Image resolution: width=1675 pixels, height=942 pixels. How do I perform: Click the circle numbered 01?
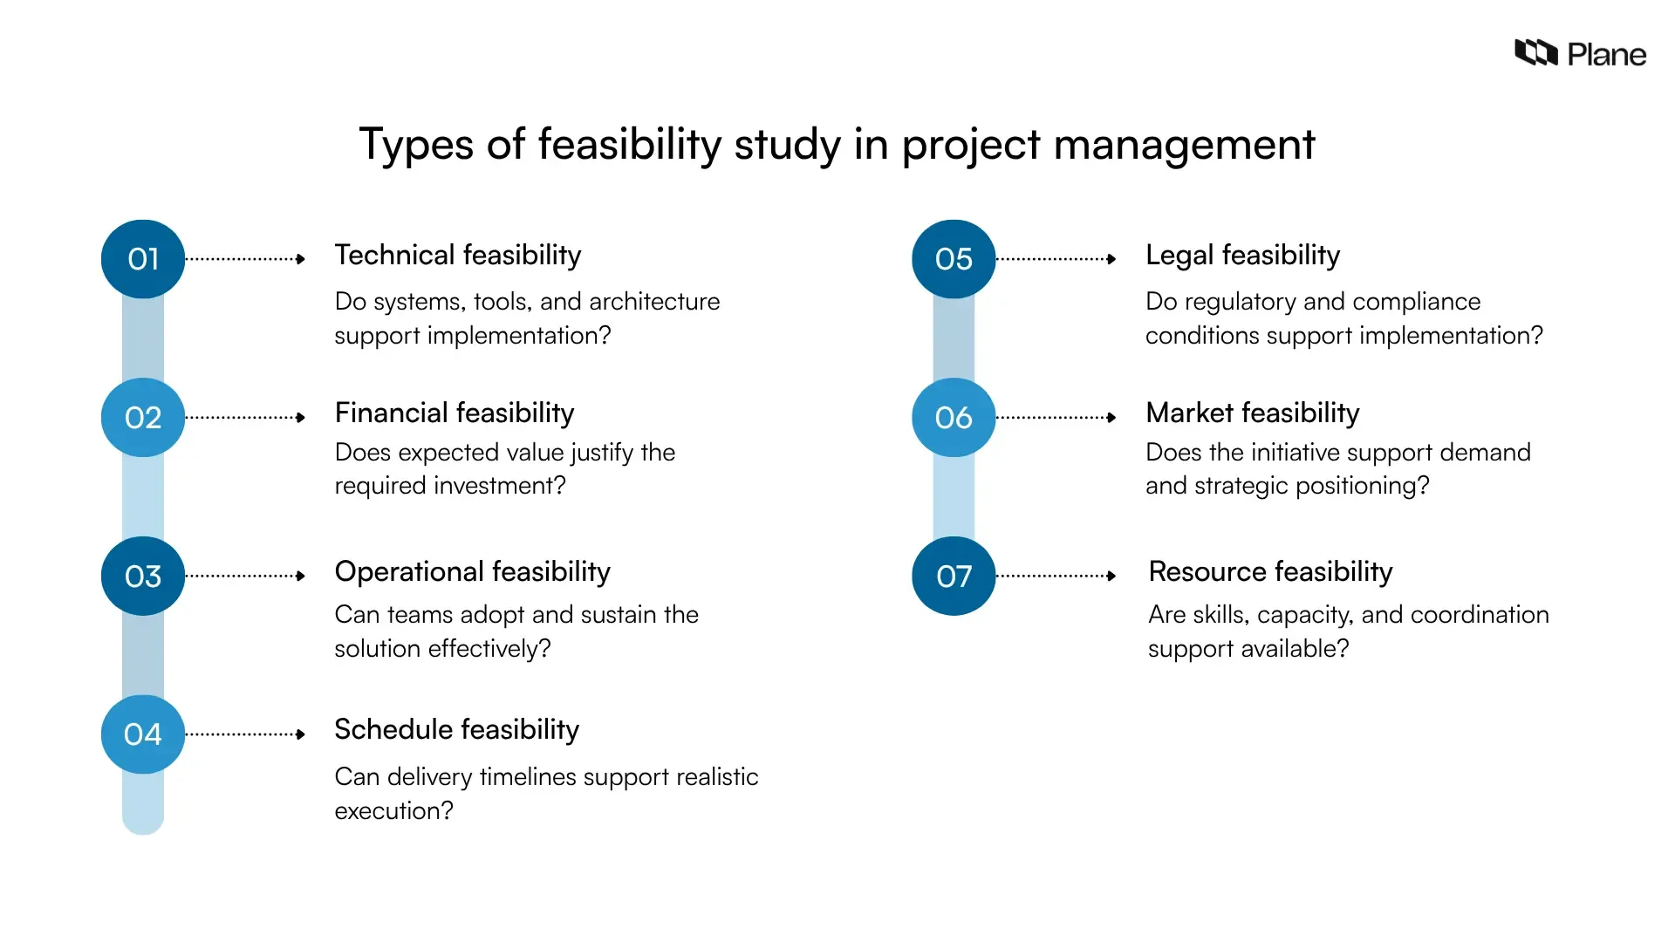click(x=143, y=259)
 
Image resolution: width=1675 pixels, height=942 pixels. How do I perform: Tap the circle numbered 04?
click(x=143, y=734)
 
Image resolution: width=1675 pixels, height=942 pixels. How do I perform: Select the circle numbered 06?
click(x=954, y=418)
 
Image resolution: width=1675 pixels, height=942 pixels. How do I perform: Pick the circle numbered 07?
click(x=954, y=576)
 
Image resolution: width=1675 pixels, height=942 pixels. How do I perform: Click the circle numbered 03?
click(x=143, y=576)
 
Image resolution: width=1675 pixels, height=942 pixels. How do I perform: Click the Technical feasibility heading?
click(x=457, y=256)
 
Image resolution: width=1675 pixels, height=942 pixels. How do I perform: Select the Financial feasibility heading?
click(x=454, y=413)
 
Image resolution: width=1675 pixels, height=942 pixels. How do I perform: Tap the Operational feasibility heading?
click(x=472, y=572)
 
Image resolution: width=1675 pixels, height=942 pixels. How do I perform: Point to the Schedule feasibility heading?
click(x=456, y=730)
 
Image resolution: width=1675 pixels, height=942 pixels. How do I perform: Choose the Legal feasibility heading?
click(x=1242, y=256)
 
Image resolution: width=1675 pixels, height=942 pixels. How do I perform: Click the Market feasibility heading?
click(x=1252, y=413)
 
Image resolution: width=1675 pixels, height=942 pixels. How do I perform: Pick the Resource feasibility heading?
click(x=1270, y=572)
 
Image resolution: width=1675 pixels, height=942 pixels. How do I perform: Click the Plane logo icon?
click(x=1535, y=53)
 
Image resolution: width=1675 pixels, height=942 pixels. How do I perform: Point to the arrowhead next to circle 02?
click(x=301, y=418)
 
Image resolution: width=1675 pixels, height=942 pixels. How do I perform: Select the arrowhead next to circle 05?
click(x=1111, y=259)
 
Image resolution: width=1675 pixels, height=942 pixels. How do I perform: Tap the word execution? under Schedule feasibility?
click(x=393, y=811)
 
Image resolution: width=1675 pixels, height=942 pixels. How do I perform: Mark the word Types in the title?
click(x=416, y=145)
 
